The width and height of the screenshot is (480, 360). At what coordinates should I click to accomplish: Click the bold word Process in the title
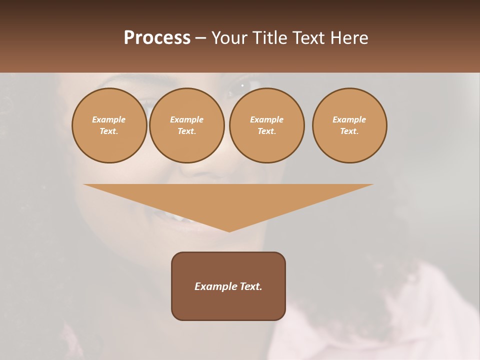[x=157, y=38]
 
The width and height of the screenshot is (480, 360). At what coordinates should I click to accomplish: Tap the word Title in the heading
[x=269, y=38]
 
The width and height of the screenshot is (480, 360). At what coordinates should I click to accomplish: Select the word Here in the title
[x=349, y=38]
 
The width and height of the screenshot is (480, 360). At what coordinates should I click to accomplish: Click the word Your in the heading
[x=230, y=38]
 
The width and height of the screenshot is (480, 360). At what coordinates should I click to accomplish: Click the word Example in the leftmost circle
[x=109, y=119]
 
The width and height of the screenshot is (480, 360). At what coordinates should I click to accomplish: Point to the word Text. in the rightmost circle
[x=349, y=131]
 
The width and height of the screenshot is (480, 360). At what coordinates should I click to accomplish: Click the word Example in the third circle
[x=267, y=119]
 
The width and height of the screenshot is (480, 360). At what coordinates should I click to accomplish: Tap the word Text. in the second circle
[x=187, y=131]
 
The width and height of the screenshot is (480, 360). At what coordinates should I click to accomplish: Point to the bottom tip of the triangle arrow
[x=229, y=230]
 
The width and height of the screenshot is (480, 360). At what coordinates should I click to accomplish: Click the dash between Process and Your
[x=200, y=38]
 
